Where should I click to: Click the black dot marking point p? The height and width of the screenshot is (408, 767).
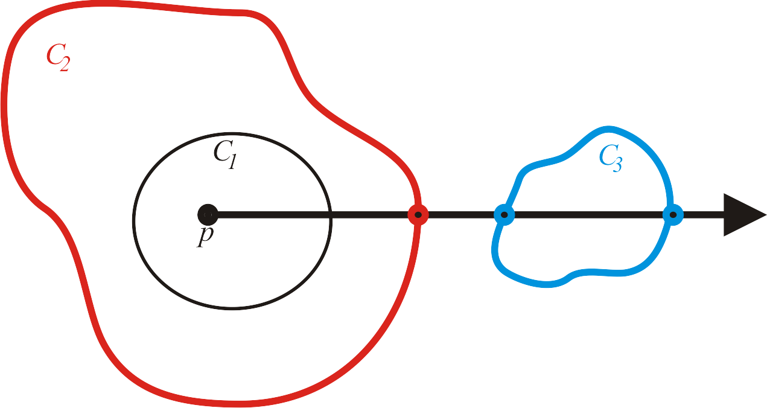[x=208, y=215]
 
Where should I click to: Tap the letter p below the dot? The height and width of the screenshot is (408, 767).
[x=205, y=236]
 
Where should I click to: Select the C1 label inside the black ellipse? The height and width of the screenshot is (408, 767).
[x=224, y=155]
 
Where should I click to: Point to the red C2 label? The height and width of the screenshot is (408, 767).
[x=58, y=57]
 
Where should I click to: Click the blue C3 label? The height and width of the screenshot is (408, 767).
[x=611, y=158]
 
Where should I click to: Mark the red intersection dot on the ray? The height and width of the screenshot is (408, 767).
[x=418, y=215]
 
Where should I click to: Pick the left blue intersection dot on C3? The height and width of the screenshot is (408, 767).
[x=504, y=215]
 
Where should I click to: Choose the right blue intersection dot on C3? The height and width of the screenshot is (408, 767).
[x=673, y=215]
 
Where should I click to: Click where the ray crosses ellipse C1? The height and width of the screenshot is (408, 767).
[x=331, y=215]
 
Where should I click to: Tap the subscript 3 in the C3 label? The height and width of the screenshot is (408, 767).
[x=617, y=164]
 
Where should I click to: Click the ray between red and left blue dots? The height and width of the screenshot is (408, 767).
[x=461, y=215]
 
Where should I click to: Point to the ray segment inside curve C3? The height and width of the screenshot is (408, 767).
[x=588, y=215]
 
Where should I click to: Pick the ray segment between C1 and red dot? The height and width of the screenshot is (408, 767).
[x=370, y=215]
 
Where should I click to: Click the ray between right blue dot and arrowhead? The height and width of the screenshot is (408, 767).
[x=704, y=215]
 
